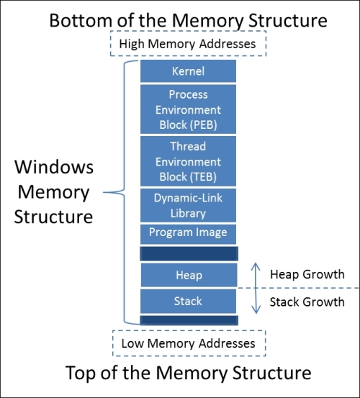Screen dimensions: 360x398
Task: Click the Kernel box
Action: point(188,71)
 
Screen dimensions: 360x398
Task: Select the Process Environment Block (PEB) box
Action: point(188,109)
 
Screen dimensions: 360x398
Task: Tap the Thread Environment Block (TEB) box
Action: point(188,161)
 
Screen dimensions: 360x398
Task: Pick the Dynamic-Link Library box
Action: point(188,205)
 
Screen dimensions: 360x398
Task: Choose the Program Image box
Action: point(188,234)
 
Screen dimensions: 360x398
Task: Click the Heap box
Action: point(189,275)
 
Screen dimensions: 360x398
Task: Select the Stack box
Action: point(188,302)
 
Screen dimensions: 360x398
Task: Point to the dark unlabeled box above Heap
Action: point(189,253)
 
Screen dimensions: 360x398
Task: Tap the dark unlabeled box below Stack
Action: point(189,320)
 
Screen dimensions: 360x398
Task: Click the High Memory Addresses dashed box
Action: point(188,43)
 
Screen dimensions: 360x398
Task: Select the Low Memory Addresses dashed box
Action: point(189,343)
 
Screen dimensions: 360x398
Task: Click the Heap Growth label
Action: point(307,274)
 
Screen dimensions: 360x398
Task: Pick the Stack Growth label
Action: point(307,302)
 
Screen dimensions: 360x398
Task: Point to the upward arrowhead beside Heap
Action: point(256,263)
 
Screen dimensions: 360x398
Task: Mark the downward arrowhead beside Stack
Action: point(256,312)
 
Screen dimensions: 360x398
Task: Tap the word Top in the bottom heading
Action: point(81,373)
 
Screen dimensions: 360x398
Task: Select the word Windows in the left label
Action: point(54,167)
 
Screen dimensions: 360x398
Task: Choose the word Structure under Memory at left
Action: point(53,217)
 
